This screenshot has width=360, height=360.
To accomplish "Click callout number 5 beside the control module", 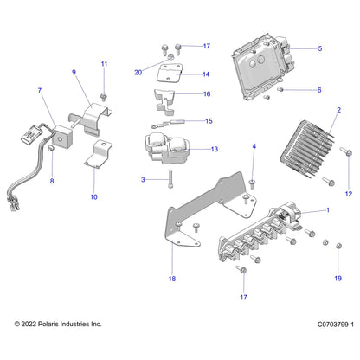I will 319,49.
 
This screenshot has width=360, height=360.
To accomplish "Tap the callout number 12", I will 349,193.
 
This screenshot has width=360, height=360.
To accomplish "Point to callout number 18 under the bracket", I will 171,280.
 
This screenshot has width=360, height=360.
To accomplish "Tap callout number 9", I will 74,72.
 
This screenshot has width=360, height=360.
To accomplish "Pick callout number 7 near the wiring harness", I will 38,90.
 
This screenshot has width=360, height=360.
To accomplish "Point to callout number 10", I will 93,196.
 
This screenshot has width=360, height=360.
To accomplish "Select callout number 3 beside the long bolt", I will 143,180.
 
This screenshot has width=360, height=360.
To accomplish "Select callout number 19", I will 338,279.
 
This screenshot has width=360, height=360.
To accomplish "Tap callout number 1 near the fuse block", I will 326,210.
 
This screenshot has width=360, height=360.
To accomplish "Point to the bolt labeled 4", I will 252,183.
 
